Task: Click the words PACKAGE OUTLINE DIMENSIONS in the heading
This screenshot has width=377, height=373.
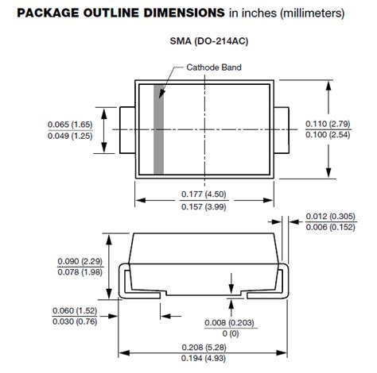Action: pyautogui.click(x=105, y=13)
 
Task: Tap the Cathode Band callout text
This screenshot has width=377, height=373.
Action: pyautogui.click(x=215, y=67)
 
